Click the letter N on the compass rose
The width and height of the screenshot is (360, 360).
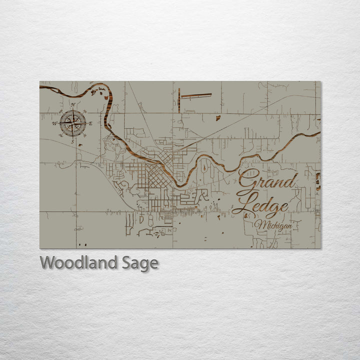pyautogui.click(x=73, y=104)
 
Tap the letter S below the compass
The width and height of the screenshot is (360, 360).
pyautogui.click(x=73, y=141)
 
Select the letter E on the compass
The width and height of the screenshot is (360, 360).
pyautogui.click(x=90, y=123)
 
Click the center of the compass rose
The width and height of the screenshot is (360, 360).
pyautogui.click(x=73, y=123)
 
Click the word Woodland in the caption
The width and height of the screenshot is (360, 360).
pyautogui.click(x=79, y=262)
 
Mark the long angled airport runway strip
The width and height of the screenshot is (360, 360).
pyautogui.click(x=196, y=94)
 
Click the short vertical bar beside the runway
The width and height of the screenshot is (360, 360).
pyautogui.click(x=178, y=100)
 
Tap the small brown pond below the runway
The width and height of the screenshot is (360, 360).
pyautogui.click(x=218, y=118)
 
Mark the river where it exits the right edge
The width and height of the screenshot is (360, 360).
pyautogui.click(x=317, y=133)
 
